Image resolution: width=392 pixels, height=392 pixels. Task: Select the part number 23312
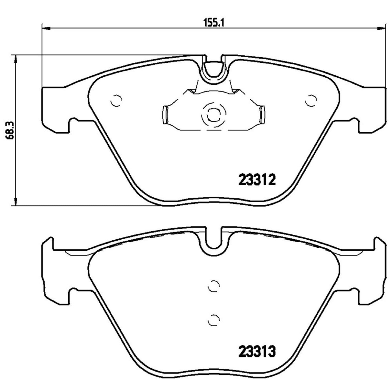coord(257,180)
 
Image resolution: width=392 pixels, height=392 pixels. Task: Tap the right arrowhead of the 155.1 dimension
coord(381,27)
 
